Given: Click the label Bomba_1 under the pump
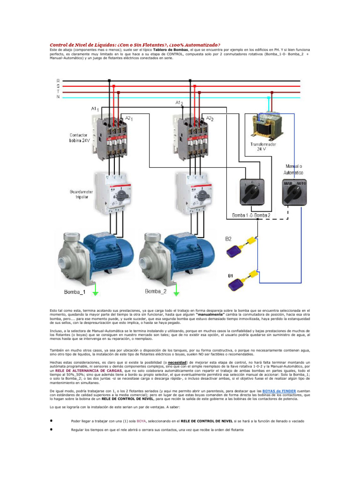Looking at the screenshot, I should (75, 292).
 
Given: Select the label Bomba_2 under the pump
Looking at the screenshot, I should (156, 291).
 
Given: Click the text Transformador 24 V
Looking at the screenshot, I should (264, 147).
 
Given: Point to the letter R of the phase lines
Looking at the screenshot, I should (58, 80).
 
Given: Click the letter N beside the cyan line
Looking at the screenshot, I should (58, 97).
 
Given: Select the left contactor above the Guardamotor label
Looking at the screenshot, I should (112, 136).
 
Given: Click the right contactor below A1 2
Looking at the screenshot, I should (193, 136).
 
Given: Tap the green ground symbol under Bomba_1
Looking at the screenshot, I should (95, 293).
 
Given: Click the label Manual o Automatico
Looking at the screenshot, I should (294, 169).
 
